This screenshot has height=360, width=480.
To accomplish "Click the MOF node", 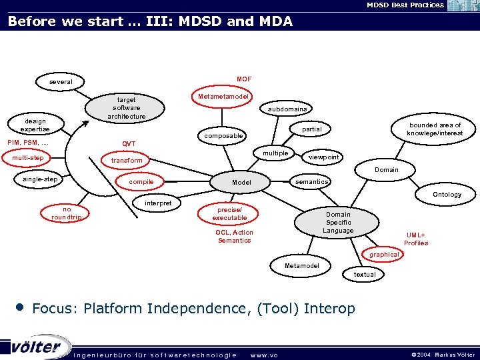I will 244,79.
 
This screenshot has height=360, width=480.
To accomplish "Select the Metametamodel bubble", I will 223,97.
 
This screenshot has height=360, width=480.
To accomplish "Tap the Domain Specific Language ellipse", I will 338,223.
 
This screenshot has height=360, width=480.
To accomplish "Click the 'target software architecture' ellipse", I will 127,107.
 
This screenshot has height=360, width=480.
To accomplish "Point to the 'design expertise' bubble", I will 35,125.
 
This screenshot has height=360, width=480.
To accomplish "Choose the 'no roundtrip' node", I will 67,213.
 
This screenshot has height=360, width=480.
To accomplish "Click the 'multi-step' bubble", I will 28,158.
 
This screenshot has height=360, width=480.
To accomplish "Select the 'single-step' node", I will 40,179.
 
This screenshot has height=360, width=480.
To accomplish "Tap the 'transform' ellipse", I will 127,161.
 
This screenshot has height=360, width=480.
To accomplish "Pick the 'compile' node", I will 141,182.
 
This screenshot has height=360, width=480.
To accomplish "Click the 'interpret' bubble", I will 158,203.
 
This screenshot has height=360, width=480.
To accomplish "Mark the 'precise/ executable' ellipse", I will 229,213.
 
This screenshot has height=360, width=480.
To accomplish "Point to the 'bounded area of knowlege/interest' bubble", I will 435,129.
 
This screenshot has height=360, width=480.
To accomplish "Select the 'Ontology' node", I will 447,195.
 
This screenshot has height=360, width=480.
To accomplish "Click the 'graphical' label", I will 385,255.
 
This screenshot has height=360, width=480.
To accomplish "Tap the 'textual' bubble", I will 365,275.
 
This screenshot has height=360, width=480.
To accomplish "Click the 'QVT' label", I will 129,144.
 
